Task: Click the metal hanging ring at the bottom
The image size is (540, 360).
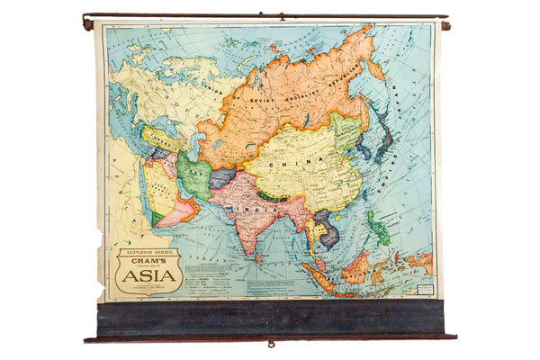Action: coord(270,343)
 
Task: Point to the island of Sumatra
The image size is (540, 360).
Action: coord(315,271)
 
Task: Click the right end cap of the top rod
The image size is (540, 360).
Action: coord(445,25)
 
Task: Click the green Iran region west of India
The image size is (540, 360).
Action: coord(193,172)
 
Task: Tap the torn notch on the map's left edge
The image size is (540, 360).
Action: coord(102,243)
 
